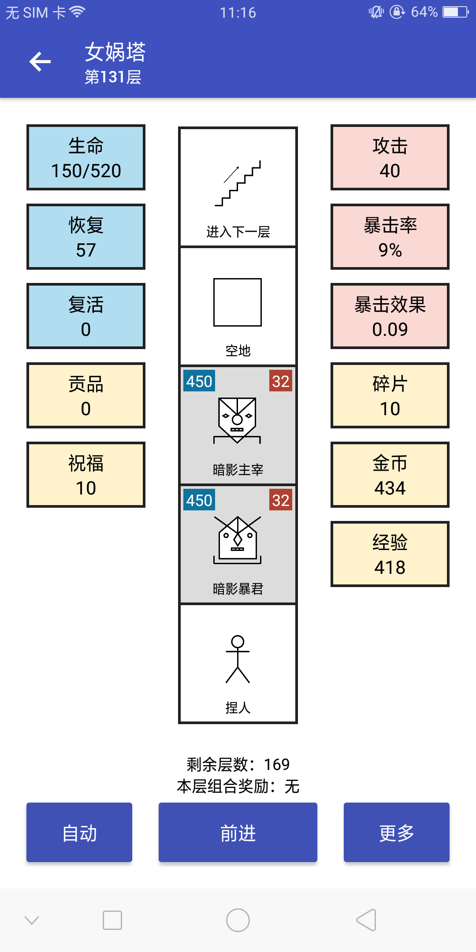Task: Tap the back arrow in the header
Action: (40, 61)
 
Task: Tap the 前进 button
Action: (238, 832)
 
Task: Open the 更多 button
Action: (397, 832)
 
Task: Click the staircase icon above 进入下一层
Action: (238, 183)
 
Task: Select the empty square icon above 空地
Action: (238, 302)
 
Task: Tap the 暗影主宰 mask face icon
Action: (237, 420)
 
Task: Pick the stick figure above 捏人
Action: (238, 659)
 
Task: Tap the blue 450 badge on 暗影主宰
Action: (199, 381)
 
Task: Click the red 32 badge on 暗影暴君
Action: (281, 500)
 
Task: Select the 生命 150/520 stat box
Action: (86, 157)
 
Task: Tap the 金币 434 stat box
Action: (390, 475)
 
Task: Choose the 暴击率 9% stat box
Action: (390, 237)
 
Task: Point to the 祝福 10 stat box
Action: (86, 475)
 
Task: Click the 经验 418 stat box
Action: (390, 554)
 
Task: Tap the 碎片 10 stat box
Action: (390, 395)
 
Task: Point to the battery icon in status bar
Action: (456, 12)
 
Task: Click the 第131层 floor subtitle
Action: (113, 77)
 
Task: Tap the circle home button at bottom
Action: (238, 920)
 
